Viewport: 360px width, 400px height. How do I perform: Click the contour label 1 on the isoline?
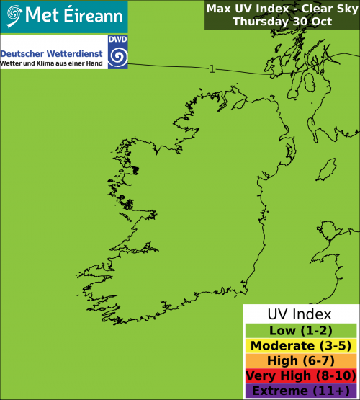pos(212,69)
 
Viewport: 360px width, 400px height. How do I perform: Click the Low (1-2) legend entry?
pos(300,331)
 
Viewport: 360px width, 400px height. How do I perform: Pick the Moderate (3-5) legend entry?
pos(300,346)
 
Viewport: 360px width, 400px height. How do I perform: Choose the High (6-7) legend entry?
pos(300,361)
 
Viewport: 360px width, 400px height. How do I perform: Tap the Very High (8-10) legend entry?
pos(300,376)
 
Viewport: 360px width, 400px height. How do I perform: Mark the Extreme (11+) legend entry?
pos(300,391)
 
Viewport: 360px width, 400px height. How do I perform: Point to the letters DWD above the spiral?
pos(117,42)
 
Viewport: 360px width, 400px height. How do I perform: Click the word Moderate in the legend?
pos(280,346)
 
